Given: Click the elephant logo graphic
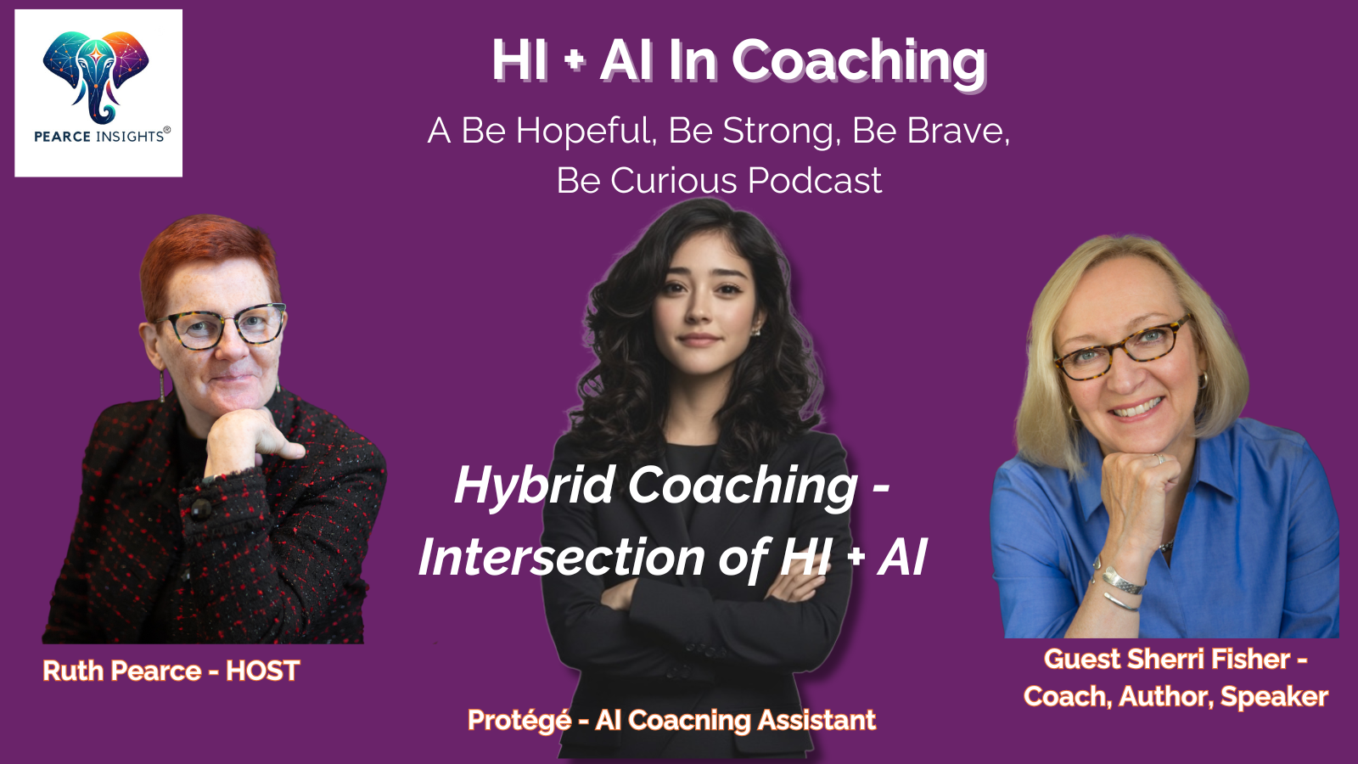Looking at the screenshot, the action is pos(96,76).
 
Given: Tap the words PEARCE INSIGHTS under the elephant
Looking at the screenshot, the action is pos(98,137).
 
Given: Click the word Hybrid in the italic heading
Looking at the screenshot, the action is pos(535,487).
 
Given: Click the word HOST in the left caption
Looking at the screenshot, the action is pos(262,671).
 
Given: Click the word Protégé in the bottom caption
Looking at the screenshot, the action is pos(519,721).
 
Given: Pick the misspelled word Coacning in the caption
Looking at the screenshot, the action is pos(688,721).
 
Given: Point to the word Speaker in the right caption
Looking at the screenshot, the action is pos(1274,697).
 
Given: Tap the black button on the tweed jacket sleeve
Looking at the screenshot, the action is pos(201,508).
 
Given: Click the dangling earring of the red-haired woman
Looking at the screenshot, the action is pos(162,386).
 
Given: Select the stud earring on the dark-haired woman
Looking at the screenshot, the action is pos(756,331).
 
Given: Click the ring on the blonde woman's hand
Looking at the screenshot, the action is pos(1159,458).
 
